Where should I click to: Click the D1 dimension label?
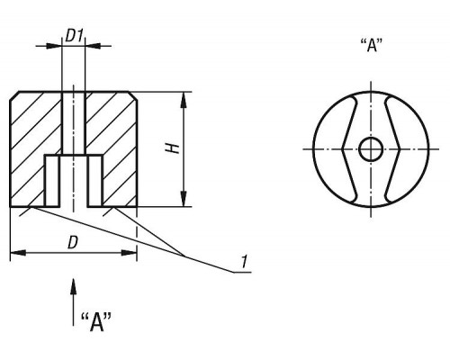tap(74, 37)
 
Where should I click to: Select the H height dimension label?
tap(173, 148)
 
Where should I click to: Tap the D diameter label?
tap(73, 243)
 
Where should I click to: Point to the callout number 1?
tap(245, 262)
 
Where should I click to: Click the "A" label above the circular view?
tap(372, 46)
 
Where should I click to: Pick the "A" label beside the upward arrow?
tap(96, 322)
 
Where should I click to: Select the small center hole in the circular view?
tap(371, 149)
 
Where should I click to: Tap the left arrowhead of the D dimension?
tap(18, 253)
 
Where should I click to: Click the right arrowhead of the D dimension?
tap(129, 253)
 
